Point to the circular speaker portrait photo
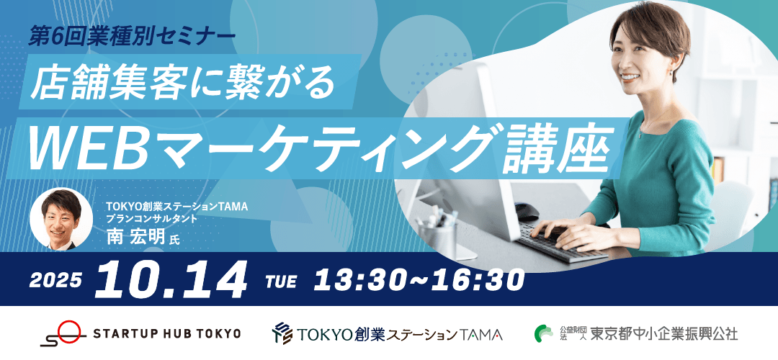point(61,219)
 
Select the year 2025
point(55,281)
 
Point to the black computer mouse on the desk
point(527,212)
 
